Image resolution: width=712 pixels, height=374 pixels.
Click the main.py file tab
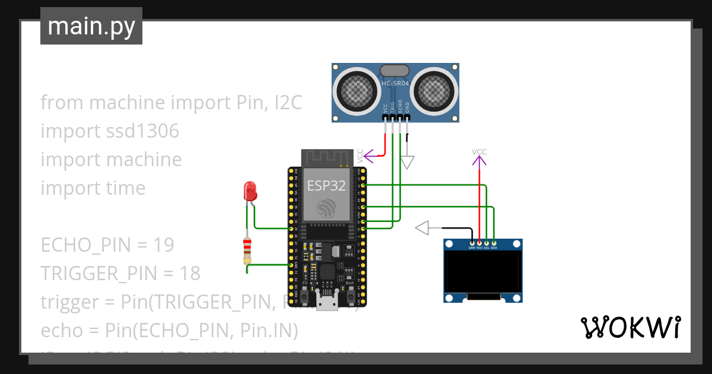(91, 26)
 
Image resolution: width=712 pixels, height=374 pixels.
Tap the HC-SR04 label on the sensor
(395, 84)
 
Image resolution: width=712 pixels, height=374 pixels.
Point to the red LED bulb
(250, 191)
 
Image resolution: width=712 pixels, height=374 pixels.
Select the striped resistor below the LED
(247, 251)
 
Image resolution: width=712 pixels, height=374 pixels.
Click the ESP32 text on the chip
(326, 186)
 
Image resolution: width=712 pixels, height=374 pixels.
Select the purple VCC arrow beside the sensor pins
(369, 157)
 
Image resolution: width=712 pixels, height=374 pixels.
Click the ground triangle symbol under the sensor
(407, 162)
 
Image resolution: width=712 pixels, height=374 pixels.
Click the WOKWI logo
(630, 328)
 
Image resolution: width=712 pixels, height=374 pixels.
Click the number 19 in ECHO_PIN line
(163, 245)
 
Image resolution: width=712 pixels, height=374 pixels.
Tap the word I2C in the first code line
(287, 103)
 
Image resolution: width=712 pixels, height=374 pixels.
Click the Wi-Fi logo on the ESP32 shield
(326, 208)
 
